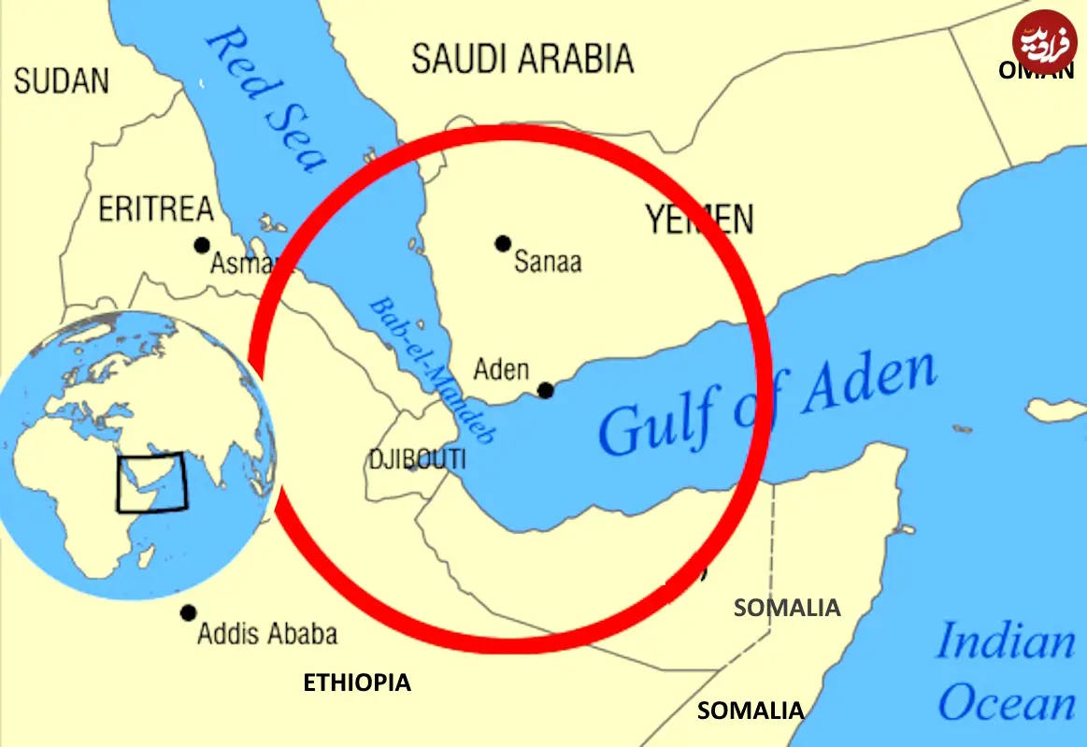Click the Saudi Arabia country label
[522, 59]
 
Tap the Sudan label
[62, 80]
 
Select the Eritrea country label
[156, 209]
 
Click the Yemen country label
[699, 220]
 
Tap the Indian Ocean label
[1006, 672]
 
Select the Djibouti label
[417, 460]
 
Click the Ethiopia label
[357, 682]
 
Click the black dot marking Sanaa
[503, 244]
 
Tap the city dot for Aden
[546, 390]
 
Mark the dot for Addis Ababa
[189, 613]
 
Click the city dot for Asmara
[202, 245]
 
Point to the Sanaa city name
[548, 261]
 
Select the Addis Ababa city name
[267, 634]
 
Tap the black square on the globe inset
[151, 482]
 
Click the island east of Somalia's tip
[1054, 409]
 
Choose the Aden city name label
[501, 369]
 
